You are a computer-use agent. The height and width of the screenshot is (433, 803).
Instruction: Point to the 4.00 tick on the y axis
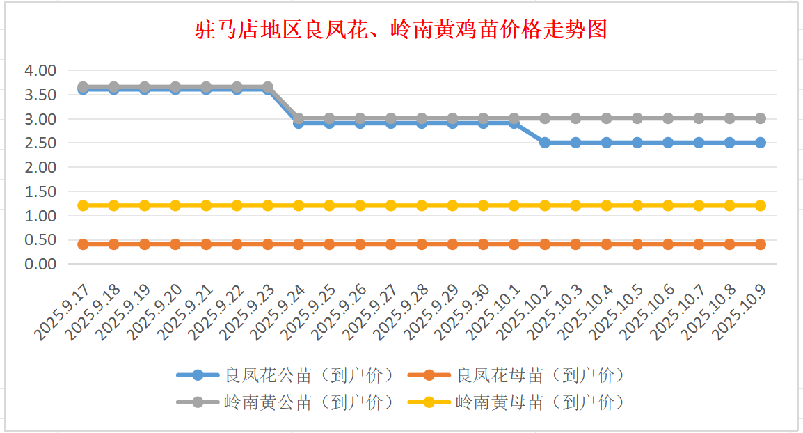[x=40, y=70]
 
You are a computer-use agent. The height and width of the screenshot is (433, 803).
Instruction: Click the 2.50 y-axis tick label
[x=40, y=143]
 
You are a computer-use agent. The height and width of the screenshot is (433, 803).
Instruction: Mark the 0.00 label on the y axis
[x=40, y=265]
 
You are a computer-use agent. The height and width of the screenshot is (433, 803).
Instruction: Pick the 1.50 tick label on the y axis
[x=40, y=191]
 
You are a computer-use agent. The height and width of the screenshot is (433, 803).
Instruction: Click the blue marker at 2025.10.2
[x=545, y=143]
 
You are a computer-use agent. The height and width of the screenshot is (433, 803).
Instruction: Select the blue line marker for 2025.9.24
[x=299, y=123]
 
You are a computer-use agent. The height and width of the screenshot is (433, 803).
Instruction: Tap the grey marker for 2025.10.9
[x=761, y=118]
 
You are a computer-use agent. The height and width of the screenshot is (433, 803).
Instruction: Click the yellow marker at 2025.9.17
[x=83, y=205]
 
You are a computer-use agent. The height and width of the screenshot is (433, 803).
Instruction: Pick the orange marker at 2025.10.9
[x=761, y=244]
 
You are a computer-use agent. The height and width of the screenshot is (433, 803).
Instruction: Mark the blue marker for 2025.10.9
[x=761, y=143]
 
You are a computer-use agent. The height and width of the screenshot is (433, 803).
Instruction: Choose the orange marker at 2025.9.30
[x=484, y=244]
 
